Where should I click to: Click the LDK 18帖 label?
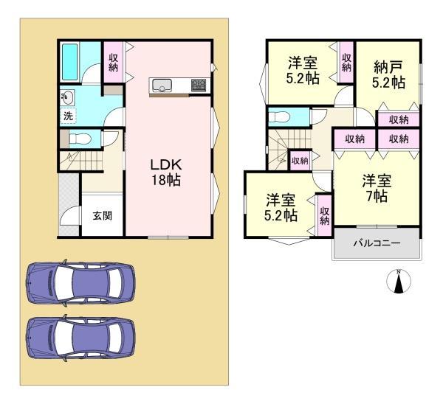tap(166, 173)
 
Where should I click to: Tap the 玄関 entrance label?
tap(103, 216)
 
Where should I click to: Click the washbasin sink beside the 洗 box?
tap(67, 97)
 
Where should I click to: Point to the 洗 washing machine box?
tap(68, 116)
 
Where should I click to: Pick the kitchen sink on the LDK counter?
tap(162, 85)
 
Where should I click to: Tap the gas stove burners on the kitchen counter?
tap(199, 85)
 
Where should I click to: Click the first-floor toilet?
tap(80, 139)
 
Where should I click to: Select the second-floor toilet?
tap(278, 116)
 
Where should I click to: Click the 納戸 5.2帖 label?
tap(388, 74)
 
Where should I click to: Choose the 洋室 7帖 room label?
tap(377, 188)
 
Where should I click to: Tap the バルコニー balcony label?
tap(377, 243)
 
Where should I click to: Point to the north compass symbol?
tap(399, 281)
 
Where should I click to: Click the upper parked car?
tap(80, 282)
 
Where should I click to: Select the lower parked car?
tap(80, 338)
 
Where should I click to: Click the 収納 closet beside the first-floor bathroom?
tap(113, 63)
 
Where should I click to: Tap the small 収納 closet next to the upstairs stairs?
tap(300, 161)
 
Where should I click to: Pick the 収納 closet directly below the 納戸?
tap(399, 119)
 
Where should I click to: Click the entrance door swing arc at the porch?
tap(70, 216)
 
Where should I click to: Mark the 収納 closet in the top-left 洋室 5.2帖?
tap(346, 62)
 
